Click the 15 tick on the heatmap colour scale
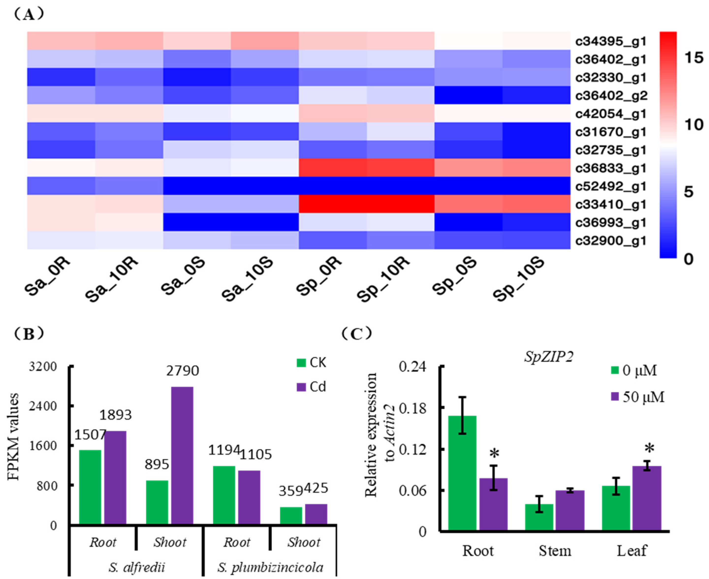tap(694, 57)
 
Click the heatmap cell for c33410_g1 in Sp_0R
tap(332, 204)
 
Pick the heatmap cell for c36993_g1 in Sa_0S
tap(197, 222)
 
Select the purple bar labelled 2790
tap(182, 455)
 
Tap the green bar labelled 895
tap(157, 502)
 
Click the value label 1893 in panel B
tap(115, 415)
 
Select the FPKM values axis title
tap(13, 437)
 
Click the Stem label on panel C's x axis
tap(555, 550)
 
